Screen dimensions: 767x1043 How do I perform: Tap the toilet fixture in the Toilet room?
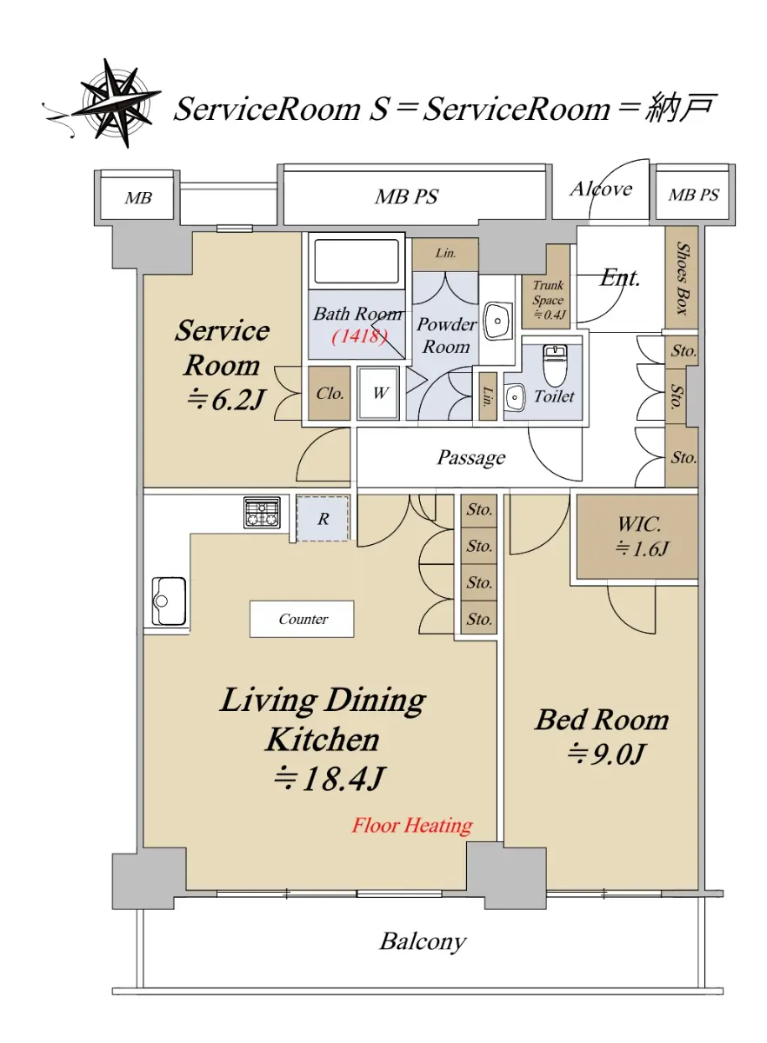[554, 365]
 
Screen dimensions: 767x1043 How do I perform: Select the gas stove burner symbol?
[263, 513]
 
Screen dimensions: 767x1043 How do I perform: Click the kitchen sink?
[169, 601]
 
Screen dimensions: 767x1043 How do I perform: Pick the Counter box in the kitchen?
[302, 619]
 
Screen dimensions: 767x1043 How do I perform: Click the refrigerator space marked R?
[323, 519]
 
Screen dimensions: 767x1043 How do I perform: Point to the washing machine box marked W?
[379, 394]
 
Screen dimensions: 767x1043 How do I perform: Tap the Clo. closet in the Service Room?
[329, 394]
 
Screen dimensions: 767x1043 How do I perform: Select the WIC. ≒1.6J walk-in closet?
[637, 536]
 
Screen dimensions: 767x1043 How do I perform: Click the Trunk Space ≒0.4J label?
[549, 300]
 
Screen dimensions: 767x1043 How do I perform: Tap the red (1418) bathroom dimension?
[359, 335]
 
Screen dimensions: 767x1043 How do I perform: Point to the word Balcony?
[423, 941]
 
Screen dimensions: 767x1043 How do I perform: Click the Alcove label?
[601, 189]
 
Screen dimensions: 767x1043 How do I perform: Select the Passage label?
[471, 458]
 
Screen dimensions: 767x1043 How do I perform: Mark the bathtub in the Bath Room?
[357, 262]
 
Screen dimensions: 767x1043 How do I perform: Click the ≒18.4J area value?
[329, 778]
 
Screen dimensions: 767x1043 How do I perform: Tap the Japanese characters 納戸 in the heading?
[679, 108]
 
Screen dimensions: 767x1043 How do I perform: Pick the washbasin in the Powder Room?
[497, 322]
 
